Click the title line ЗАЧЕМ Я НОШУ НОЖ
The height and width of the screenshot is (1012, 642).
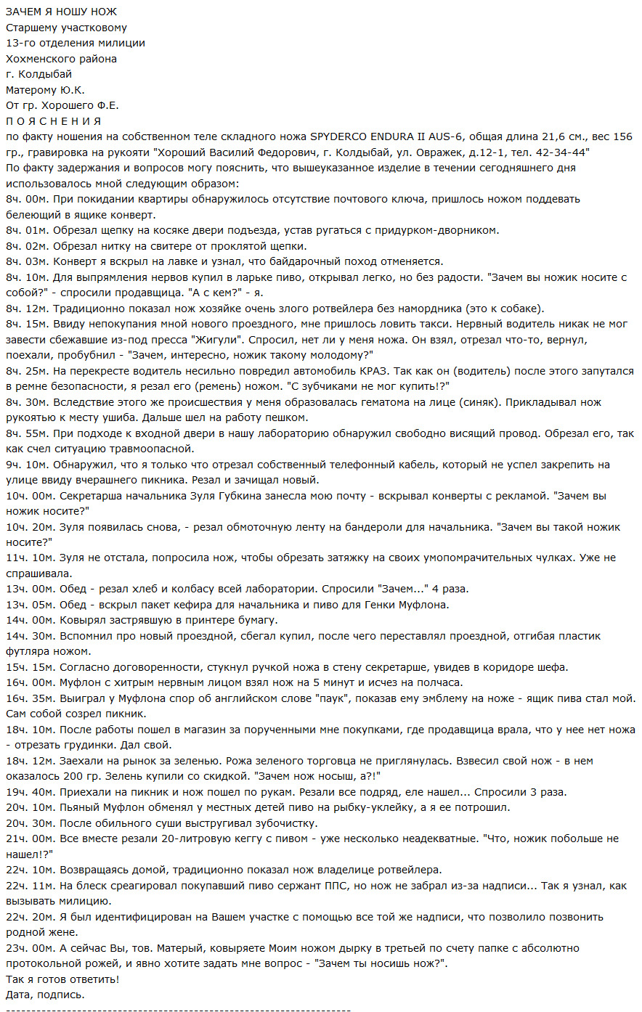[x=61, y=12]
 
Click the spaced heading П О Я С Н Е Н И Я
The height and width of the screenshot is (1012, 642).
[x=53, y=121]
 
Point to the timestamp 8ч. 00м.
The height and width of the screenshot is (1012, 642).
[x=26, y=199]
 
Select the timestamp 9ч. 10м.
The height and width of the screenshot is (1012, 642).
[x=26, y=465]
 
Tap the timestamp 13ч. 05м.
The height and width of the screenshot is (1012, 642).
[x=29, y=605]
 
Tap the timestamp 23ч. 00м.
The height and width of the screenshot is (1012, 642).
[x=29, y=948]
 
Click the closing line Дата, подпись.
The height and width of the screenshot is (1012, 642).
[x=45, y=995]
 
